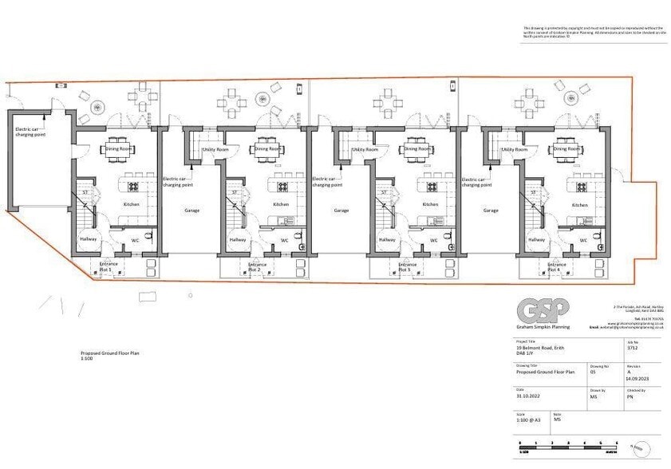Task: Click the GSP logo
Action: (x=536, y=308)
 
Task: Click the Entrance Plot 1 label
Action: (x=108, y=266)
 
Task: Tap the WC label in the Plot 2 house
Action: (x=284, y=240)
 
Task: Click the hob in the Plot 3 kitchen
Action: (x=431, y=187)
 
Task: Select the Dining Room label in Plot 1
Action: (x=120, y=149)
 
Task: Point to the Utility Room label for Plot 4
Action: (x=514, y=149)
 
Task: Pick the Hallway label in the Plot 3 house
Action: (x=388, y=240)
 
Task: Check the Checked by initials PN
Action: (x=630, y=396)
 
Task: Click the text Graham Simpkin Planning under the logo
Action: (x=542, y=326)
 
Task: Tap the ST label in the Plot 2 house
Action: (x=234, y=192)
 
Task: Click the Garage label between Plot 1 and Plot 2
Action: (x=191, y=211)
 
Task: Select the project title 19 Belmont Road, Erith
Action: (x=543, y=348)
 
